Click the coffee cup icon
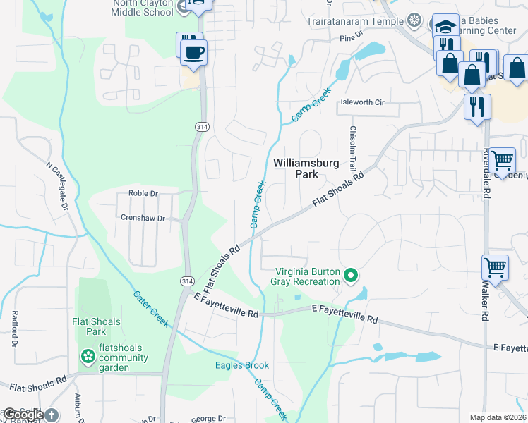193,51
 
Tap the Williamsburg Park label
306,168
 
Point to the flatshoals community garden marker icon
88,357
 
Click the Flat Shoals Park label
96,326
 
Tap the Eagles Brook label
242,365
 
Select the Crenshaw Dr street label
142,219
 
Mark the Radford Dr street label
13,330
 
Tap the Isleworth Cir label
362,102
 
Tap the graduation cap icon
444,27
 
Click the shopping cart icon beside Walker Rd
495,268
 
